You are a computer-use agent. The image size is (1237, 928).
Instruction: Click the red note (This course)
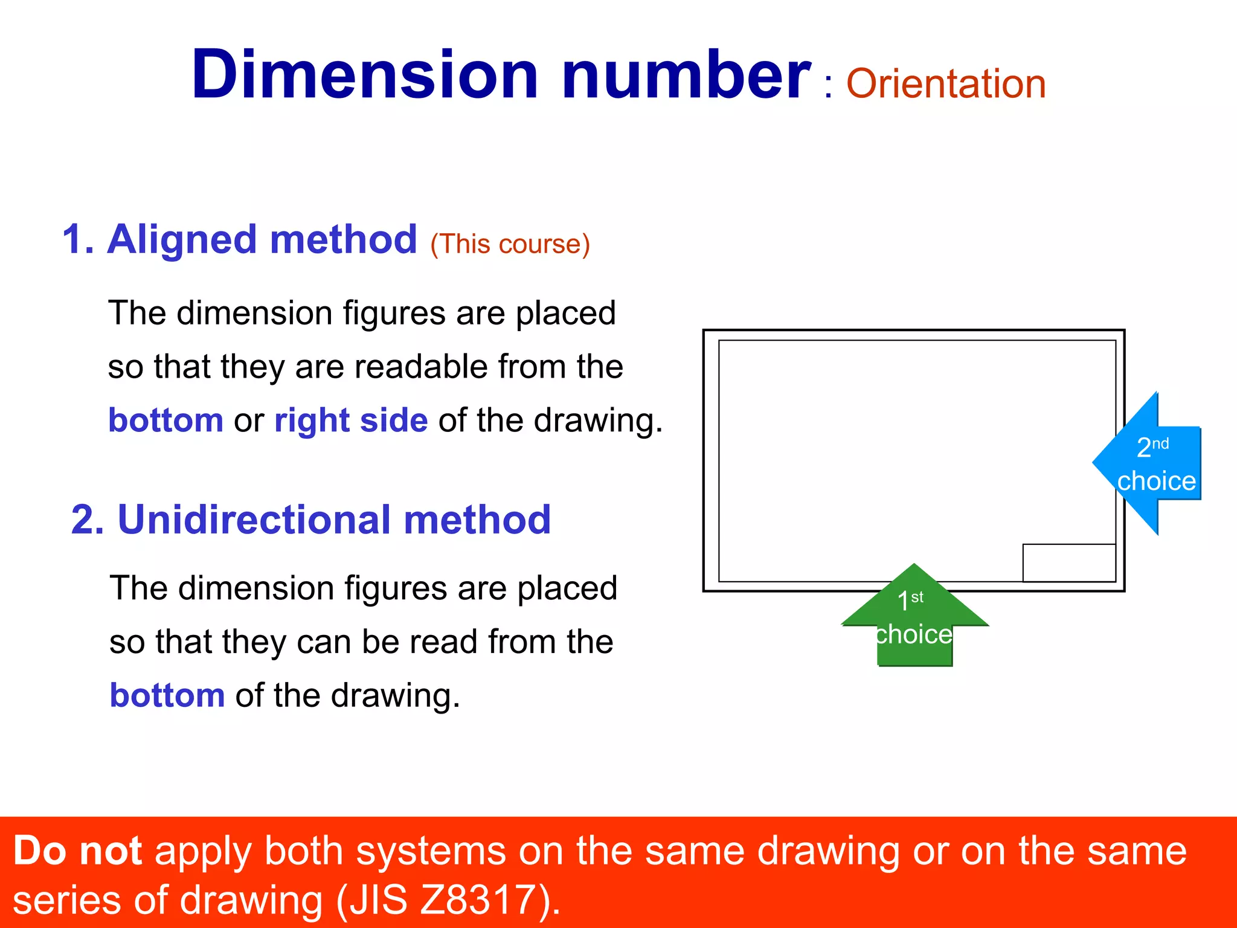point(510,244)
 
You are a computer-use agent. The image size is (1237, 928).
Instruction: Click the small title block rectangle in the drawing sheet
point(1068,562)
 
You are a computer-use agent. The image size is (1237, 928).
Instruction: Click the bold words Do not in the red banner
point(77,851)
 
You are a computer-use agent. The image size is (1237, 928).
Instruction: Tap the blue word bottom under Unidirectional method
point(167,695)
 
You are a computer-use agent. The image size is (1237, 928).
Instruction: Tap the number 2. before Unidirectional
point(88,520)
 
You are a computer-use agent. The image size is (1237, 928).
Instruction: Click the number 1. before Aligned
point(79,239)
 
